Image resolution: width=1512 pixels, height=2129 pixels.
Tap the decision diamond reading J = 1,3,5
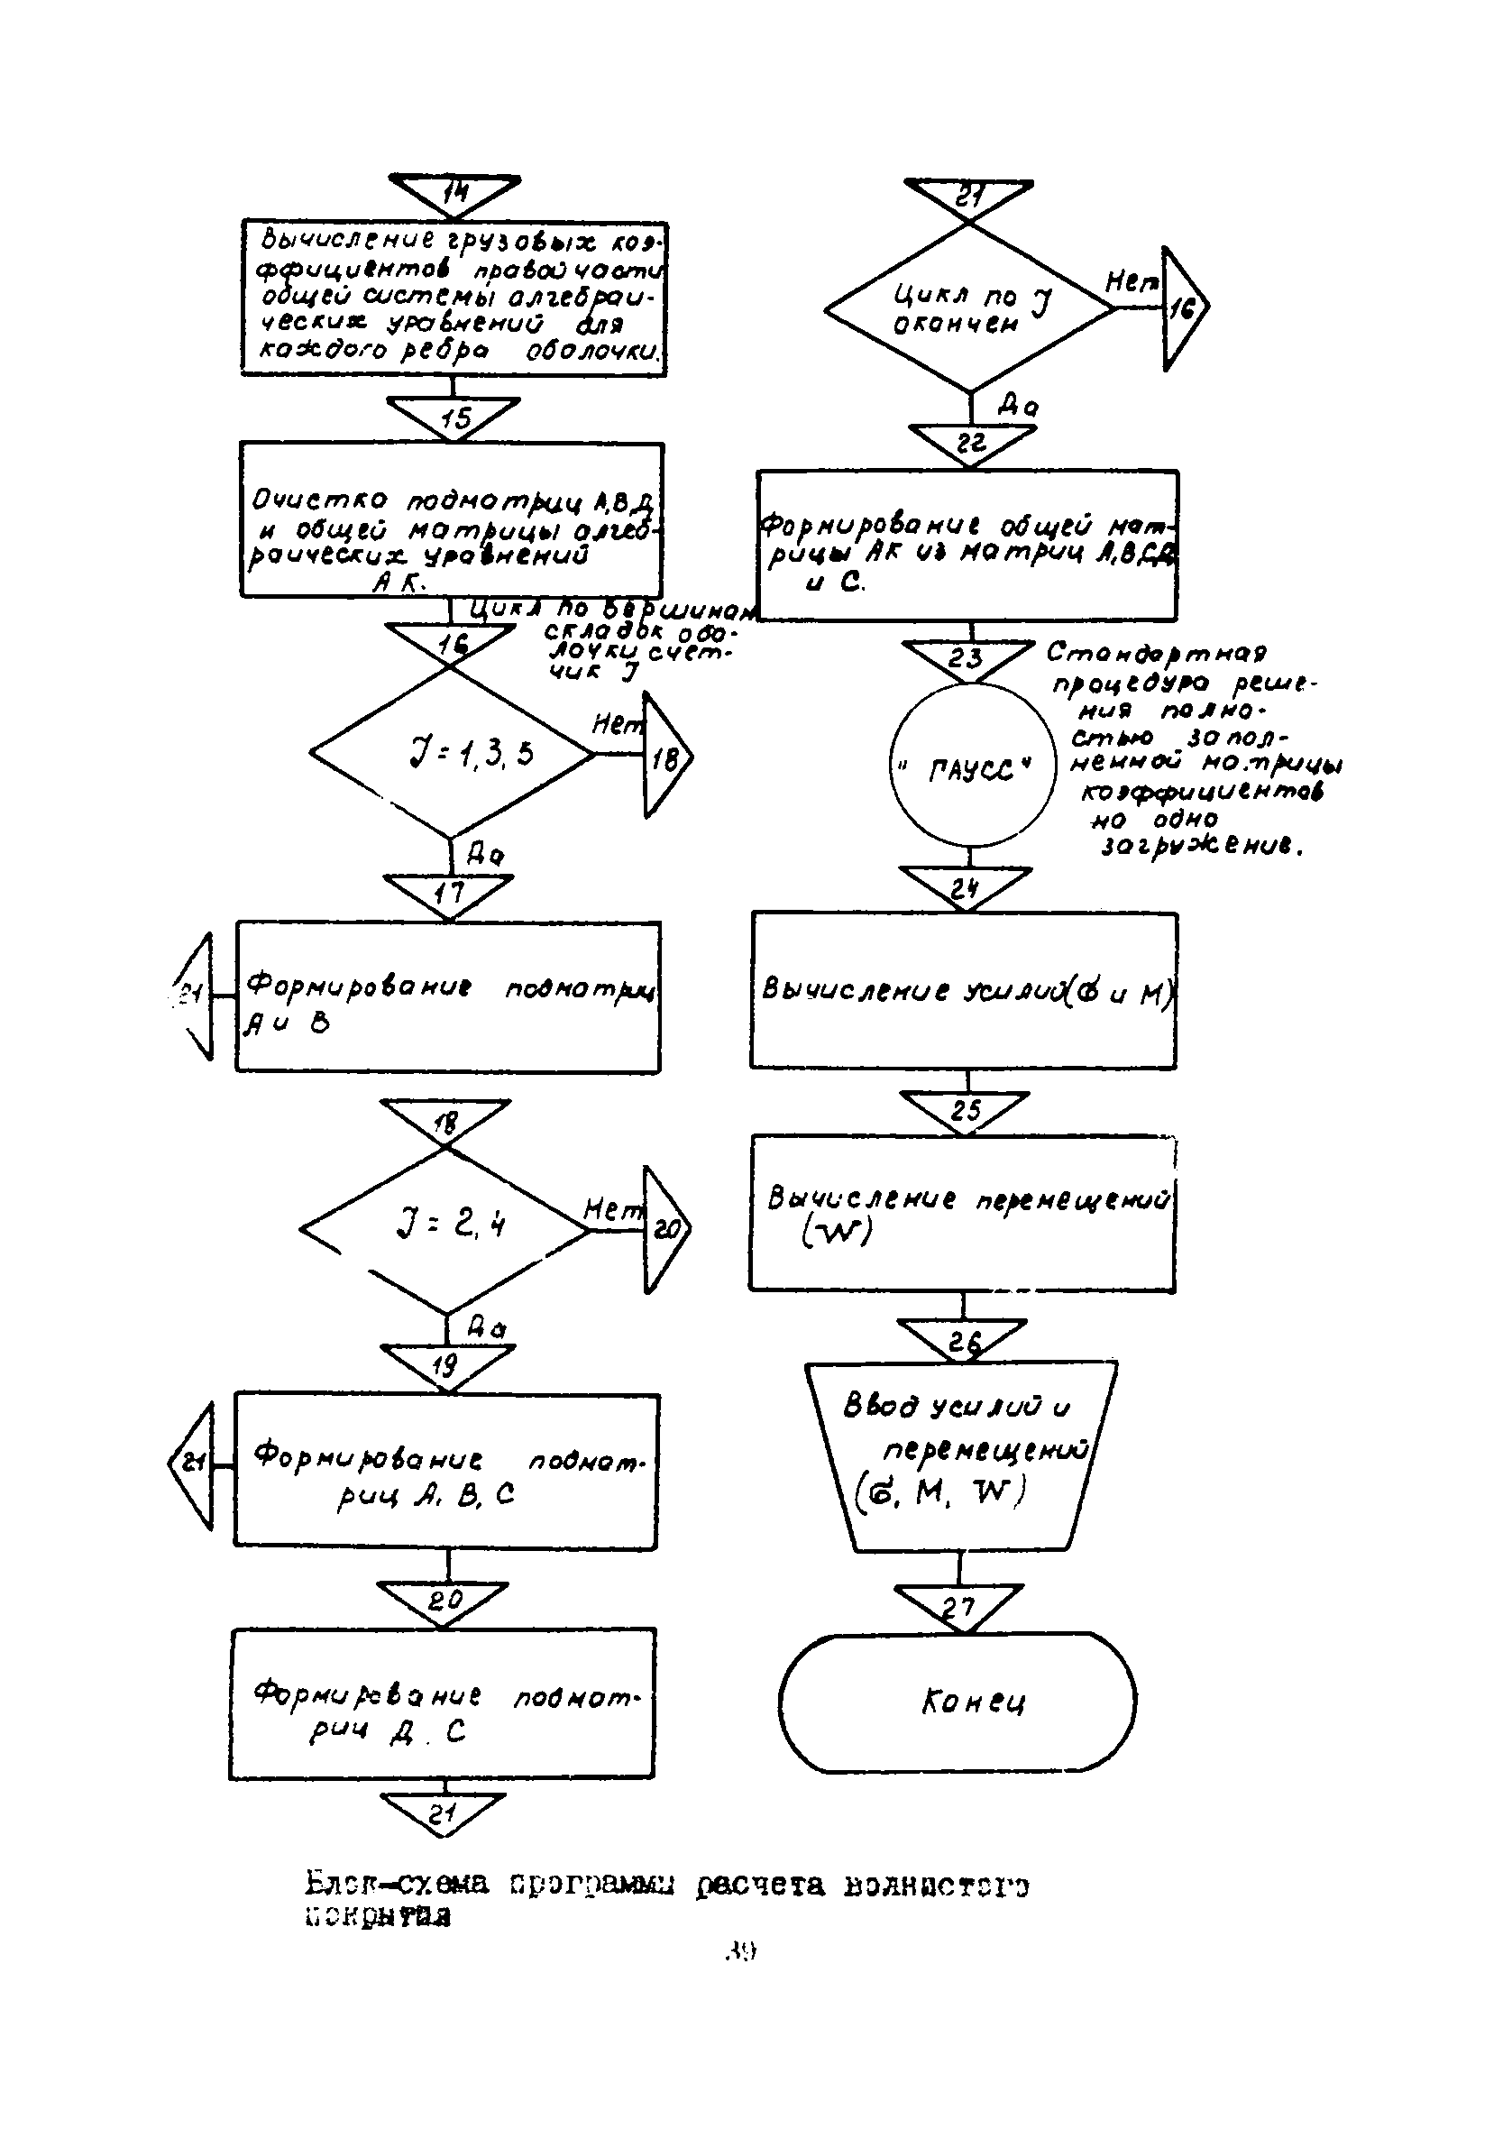[x=453, y=753]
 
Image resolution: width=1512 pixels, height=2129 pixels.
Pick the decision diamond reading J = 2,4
[x=446, y=1229]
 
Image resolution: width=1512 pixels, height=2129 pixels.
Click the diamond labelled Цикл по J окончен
[x=969, y=308]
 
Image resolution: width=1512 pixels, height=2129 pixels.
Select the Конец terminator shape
[x=958, y=1702]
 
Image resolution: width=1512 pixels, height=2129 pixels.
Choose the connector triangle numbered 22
[x=972, y=442]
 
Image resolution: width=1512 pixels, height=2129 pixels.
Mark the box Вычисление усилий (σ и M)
[x=965, y=989]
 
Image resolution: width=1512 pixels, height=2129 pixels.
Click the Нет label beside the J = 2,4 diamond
[x=612, y=1209]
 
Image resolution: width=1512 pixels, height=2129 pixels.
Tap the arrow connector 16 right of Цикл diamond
[x=1182, y=308]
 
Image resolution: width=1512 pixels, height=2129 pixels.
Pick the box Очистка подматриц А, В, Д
[x=452, y=519]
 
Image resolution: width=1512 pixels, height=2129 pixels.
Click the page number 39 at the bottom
[x=740, y=1950]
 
